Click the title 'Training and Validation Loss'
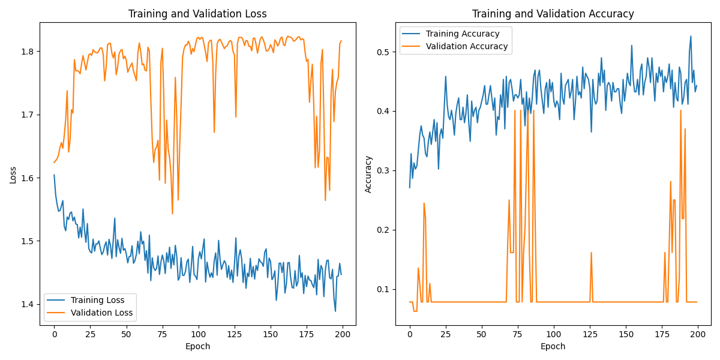point(197,14)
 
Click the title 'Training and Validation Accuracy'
point(553,14)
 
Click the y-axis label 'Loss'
point(13,174)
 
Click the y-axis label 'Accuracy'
point(368,174)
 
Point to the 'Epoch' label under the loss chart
point(197,346)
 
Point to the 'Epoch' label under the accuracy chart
point(553,346)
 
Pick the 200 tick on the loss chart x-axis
point(341,334)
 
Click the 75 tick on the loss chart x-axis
point(162,334)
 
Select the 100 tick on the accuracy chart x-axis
point(553,334)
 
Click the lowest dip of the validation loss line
point(172,214)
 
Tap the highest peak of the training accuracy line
point(691,36)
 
